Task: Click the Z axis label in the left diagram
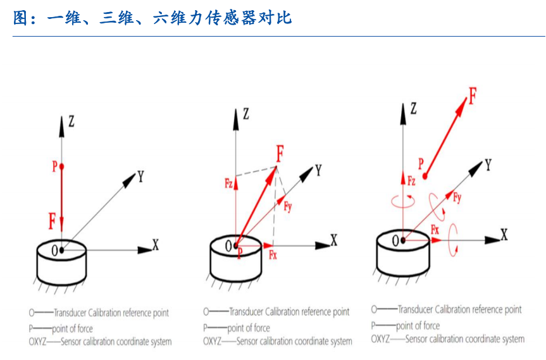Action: (x=71, y=121)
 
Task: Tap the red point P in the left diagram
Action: (x=62, y=166)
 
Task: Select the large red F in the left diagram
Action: (x=53, y=221)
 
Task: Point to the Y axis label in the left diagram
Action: (x=140, y=177)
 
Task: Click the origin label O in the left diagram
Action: (x=55, y=250)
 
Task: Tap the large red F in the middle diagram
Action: (x=280, y=153)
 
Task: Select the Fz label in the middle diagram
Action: (x=229, y=183)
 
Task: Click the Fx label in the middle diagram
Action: (x=273, y=256)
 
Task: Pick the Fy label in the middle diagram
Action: (x=288, y=206)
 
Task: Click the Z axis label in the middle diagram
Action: (x=245, y=114)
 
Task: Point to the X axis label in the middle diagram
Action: (x=334, y=240)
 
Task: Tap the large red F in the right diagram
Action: (x=471, y=97)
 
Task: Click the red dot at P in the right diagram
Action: (x=426, y=175)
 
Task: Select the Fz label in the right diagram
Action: (x=411, y=182)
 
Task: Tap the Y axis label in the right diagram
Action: (x=488, y=165)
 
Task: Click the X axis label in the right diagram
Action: (x=504, y=235)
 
